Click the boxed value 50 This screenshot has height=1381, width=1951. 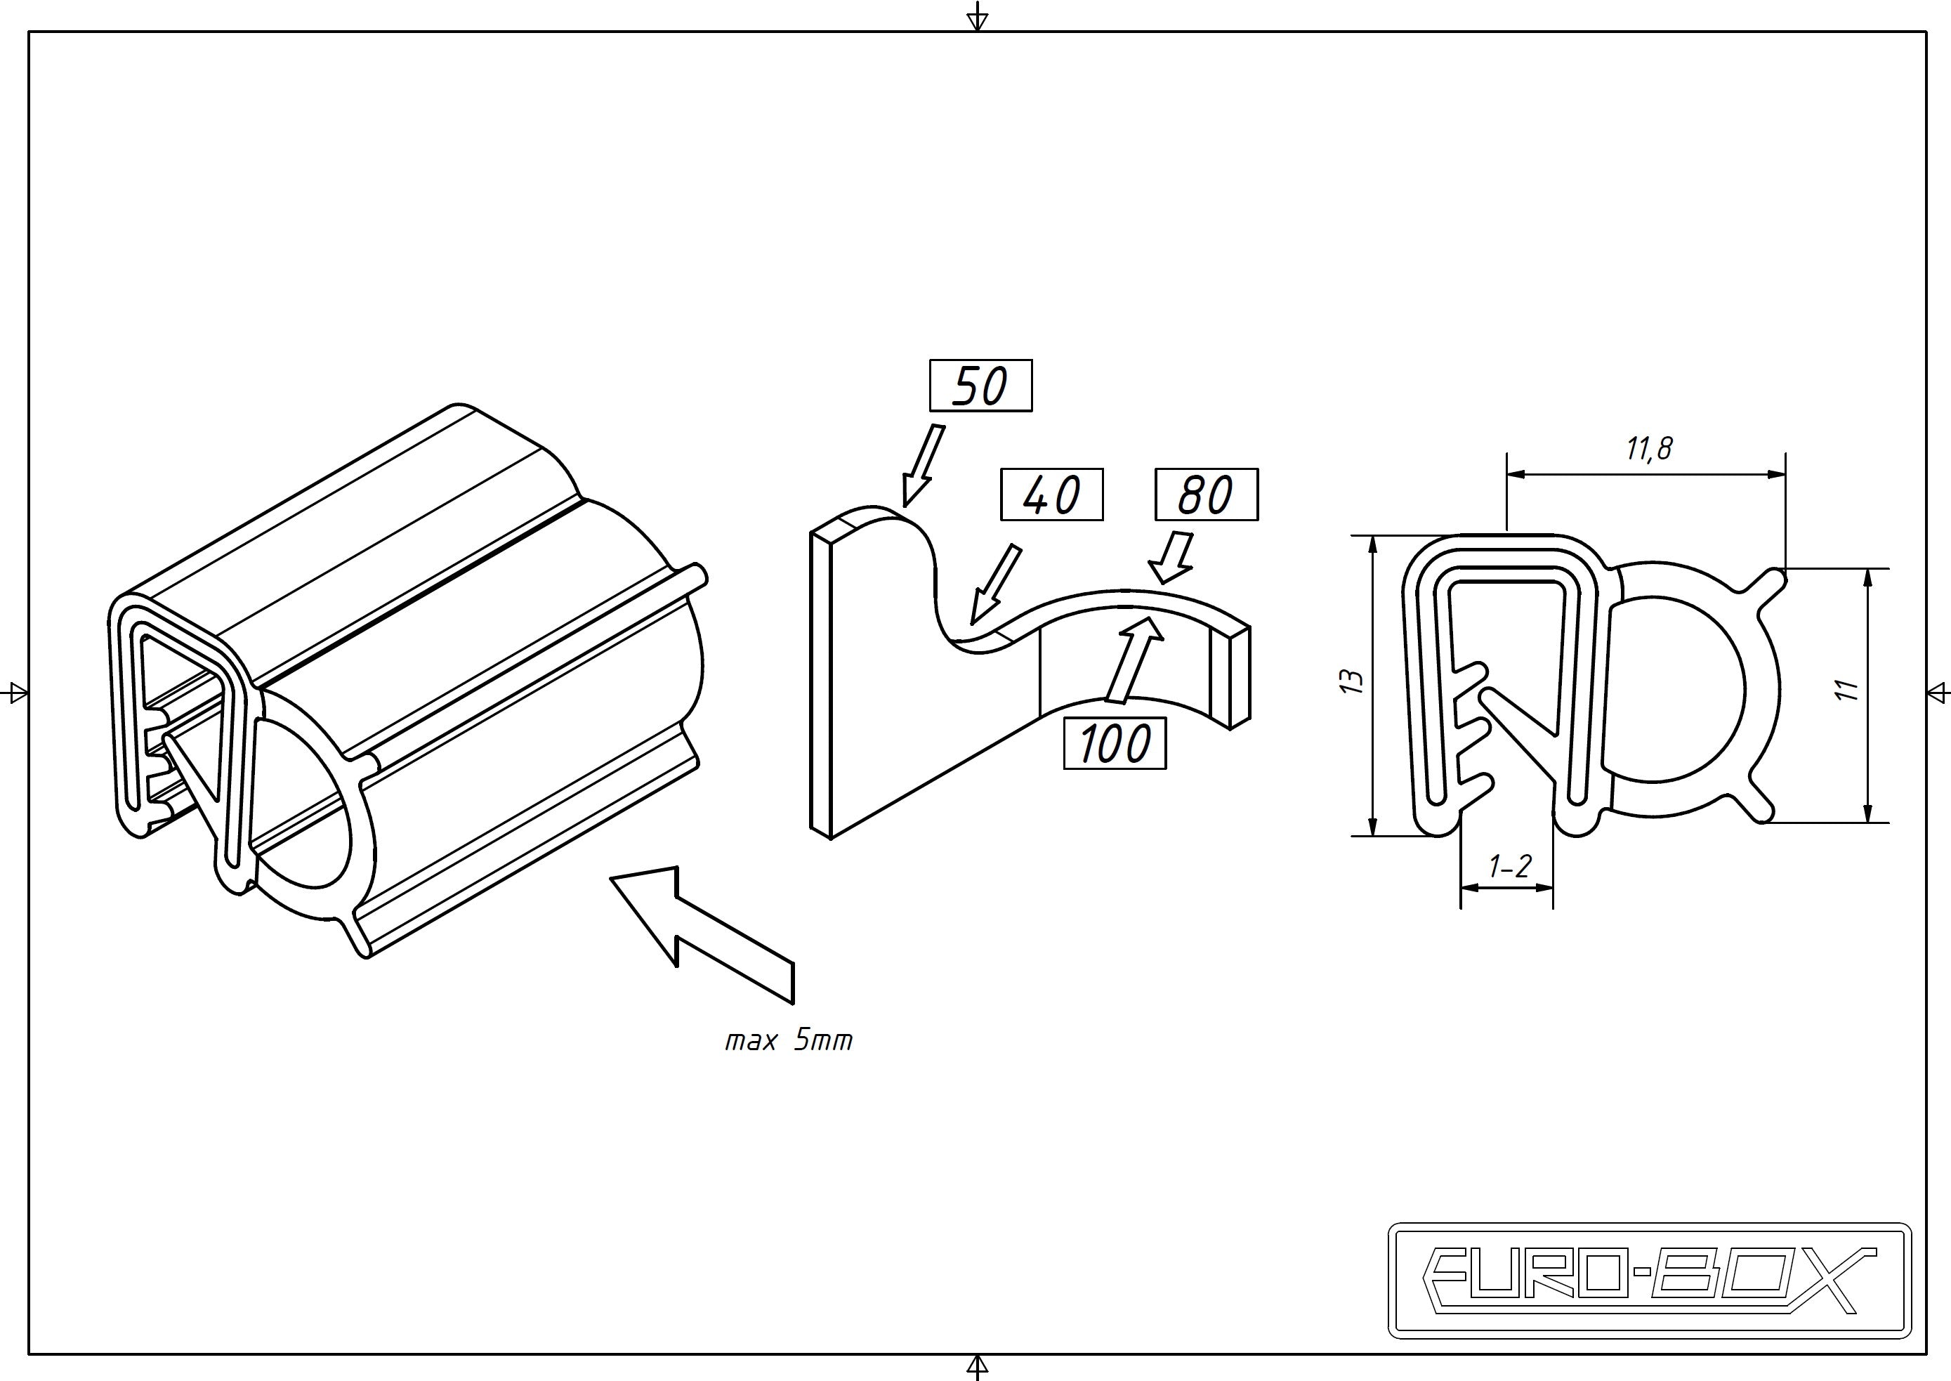(x=980, y=386)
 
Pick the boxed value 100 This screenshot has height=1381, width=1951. (x=1115, y=743)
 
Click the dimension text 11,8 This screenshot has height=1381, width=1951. (x=1649, y=448)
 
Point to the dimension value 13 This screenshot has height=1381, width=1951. (x=1352, y=682)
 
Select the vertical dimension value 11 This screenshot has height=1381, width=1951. (x=1847, y=690)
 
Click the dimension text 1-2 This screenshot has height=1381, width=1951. (x=1510, y=867)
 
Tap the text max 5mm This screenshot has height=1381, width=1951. (x=788, y=1040)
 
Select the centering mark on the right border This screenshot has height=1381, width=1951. (x=1938, y=691)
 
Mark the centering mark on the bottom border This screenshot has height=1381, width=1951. (x=978, y=1366)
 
